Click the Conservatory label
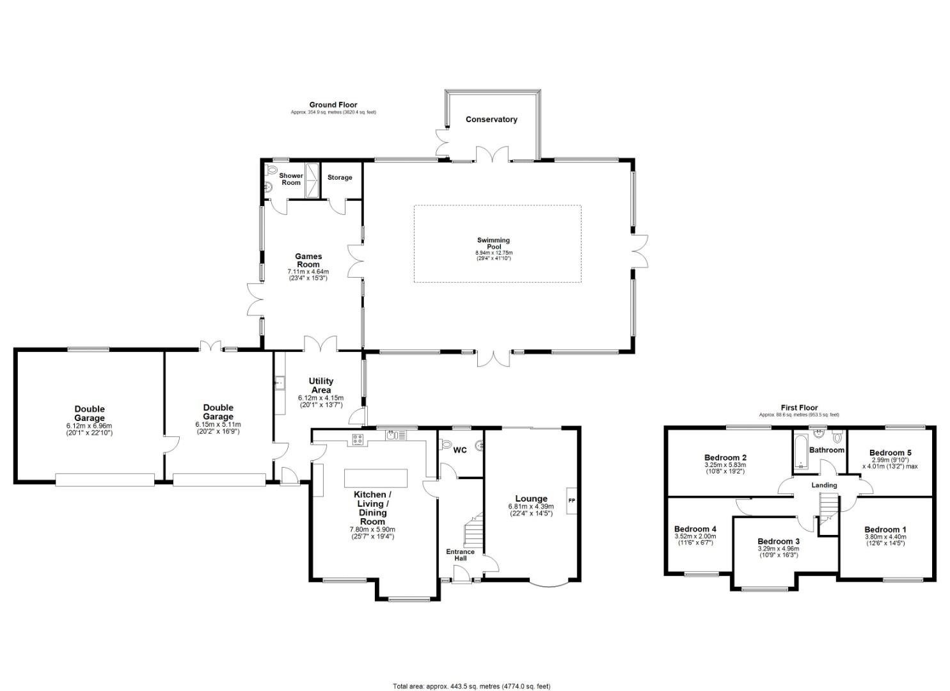pyautogui.click(x=491, y=120)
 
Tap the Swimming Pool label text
pyautogui.click(x=493, y=244)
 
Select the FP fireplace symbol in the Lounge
pyautogui.click(x=571, y=500)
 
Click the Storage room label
pyautogui.click(x=340, y=177)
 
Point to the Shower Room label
pyautogui.click(x=291, y=179)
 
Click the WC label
pyautogui.click(x=460, y=450)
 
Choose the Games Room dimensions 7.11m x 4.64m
pyautogui.click(x=308, y=272)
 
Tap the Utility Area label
pyautogui.click(x=321, y=385)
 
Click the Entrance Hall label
pyautogui.click(x=460, y=555)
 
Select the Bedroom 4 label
pyautogui.click(x=695, y=529)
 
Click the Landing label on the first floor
pyautogui.click(x=824, y=485)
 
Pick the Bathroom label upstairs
pyautogui.click(x=827, y=450)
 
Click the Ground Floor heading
pyautogui.click(x=333, y=105)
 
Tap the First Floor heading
pyautogui.click(x=799, y=408)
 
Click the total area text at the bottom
pyautogui.click(x=471, y=687)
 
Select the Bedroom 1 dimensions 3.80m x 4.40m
pyautogui.click(x=885, y=537)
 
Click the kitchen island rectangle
pyautogui.click(x=376, y=478)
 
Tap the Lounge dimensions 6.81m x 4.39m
pyautogui.click(x=531, y=507)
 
